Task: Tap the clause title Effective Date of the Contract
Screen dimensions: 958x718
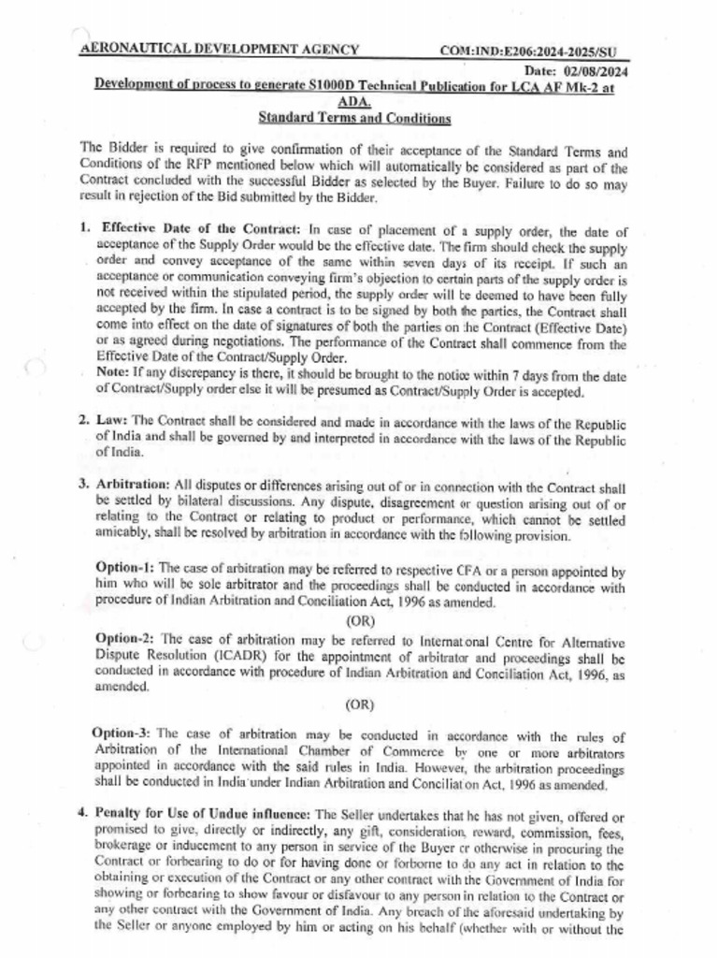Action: pos(200,229)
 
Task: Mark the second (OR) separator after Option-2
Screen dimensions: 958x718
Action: pos(360,704)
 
